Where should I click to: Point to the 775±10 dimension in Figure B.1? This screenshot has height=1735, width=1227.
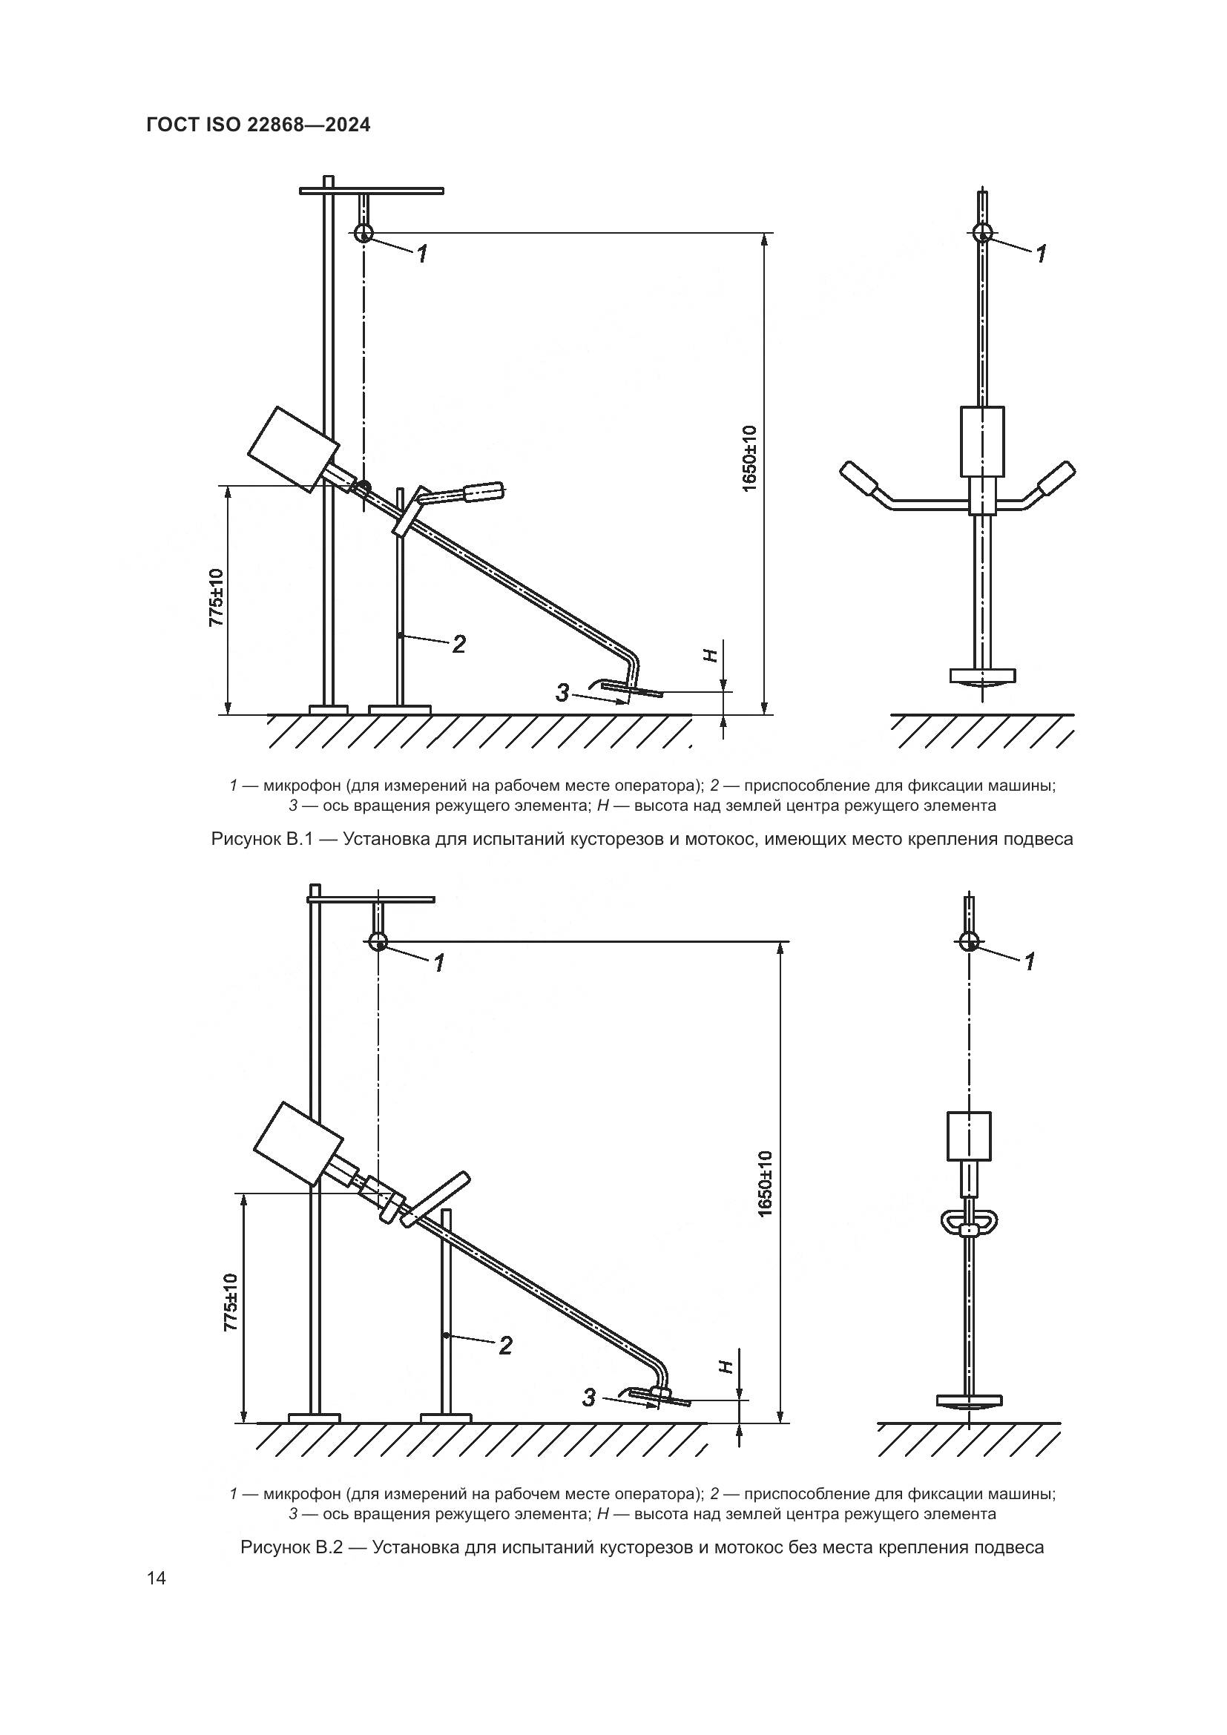217,597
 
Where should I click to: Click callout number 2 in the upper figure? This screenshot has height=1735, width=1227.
458,644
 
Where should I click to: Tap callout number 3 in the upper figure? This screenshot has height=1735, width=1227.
562,691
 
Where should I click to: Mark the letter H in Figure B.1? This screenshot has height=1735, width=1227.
709,656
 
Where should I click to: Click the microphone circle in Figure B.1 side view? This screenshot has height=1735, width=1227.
364,232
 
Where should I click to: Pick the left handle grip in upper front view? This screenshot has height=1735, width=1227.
859,481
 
